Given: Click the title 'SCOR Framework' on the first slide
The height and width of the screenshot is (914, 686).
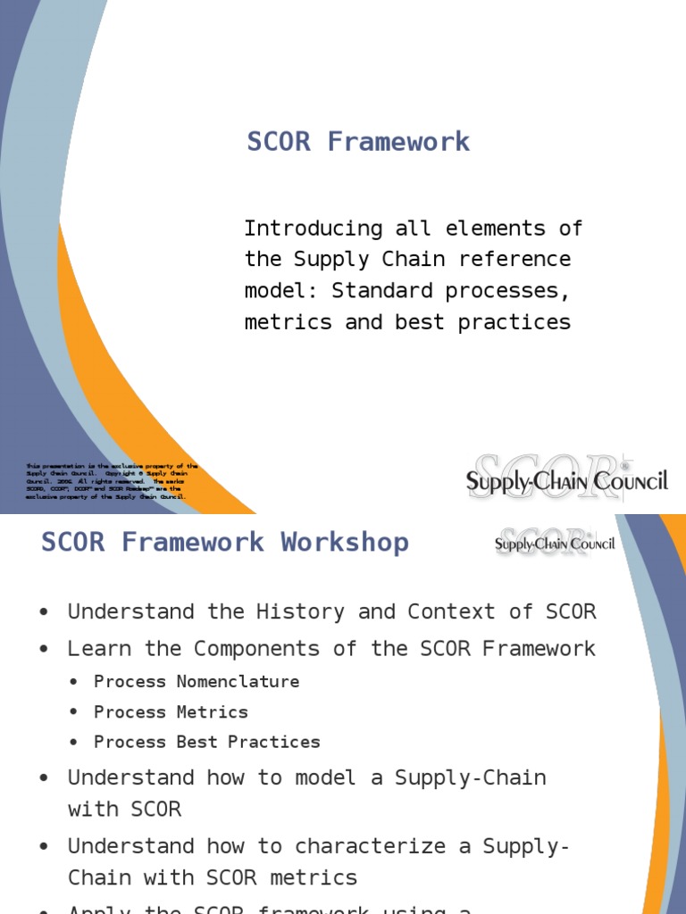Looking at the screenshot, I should (x=358, y=142).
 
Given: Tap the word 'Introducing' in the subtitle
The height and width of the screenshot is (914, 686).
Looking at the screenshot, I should (x=314, y=228).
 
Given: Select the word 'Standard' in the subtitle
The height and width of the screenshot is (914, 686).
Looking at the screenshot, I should (x=381, y=291).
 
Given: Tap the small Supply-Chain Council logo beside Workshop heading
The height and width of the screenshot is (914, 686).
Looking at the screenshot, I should (x=555, y=544).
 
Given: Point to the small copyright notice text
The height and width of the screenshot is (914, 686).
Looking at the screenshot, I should (x=112, y=481).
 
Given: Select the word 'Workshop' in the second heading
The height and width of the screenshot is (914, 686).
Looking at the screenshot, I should (x=344, y=543).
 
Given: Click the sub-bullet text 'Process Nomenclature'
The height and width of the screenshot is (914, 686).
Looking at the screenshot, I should (x=197, y=682).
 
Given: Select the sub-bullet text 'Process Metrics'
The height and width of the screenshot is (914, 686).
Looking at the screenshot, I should (x=171, y=712).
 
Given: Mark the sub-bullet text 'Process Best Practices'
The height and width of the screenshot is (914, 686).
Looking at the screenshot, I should (x=206, y=743).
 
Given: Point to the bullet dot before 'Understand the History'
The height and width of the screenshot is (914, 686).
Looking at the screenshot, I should (x=44, y=613).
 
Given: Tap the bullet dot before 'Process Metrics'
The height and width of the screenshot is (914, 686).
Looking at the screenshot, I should (x=75, y=713).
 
